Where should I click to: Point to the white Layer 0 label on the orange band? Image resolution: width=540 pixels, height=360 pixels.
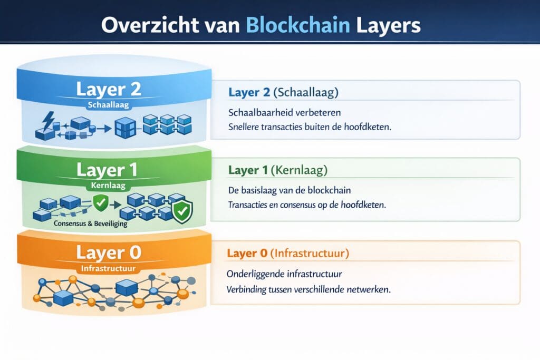click(109, 252)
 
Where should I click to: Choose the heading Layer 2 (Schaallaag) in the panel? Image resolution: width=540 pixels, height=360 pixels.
click(283, 93)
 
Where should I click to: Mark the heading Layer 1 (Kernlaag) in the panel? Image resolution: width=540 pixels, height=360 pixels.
click(278, 171)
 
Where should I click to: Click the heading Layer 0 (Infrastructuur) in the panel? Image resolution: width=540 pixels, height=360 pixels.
click(288, 253)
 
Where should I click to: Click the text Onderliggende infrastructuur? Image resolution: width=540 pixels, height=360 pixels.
click(285, 275)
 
